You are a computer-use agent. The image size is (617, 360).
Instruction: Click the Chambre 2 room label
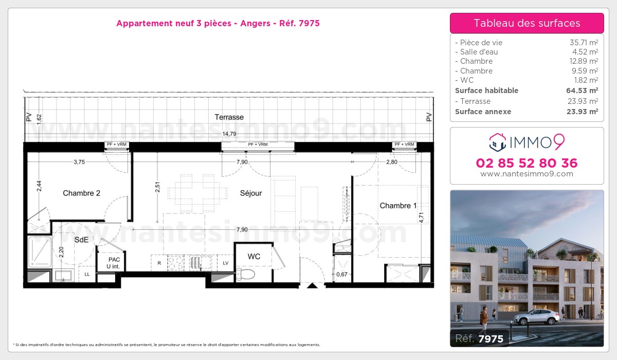point(81,193)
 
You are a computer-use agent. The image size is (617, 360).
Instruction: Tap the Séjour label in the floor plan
point(251,193)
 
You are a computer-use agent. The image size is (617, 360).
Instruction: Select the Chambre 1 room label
point(398,206)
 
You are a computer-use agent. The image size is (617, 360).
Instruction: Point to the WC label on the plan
point(253,256)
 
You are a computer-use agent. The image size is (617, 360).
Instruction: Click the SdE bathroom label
point(81,240)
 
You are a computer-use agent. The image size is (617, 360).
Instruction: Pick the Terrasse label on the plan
point(229,117)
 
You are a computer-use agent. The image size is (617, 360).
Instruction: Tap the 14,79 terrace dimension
point(229,134)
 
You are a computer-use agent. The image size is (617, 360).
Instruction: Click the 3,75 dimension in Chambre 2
point(79,162)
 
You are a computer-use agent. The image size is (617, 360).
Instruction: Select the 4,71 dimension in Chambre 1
point(422,218)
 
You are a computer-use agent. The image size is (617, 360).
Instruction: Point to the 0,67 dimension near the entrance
point(341,274)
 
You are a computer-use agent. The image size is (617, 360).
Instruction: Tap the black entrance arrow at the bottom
point(312,285)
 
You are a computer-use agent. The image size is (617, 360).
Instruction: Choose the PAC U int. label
point(113,263)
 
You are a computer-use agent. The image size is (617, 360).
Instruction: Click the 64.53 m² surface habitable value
point(582,91)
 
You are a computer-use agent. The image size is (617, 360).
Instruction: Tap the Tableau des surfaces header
point(527,23)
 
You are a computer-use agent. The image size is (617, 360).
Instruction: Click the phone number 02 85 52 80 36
point(527,164)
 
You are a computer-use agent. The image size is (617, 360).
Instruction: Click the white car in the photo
point(536,317)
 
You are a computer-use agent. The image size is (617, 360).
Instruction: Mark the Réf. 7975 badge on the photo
point(479,338)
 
